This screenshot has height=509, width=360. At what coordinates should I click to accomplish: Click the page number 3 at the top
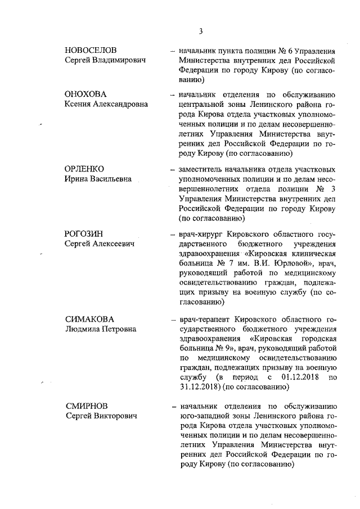pyautogui.click(x=201, y=31)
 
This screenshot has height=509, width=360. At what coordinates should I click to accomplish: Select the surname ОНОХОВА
pyautogui.click(x=86, y=94)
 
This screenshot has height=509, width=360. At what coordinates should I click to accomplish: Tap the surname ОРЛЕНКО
pyautogui.click(x=85, y=169)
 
